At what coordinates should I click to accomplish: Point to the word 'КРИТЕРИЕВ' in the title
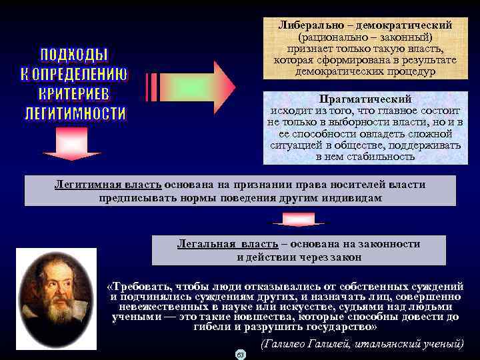[x=75, y=93]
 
